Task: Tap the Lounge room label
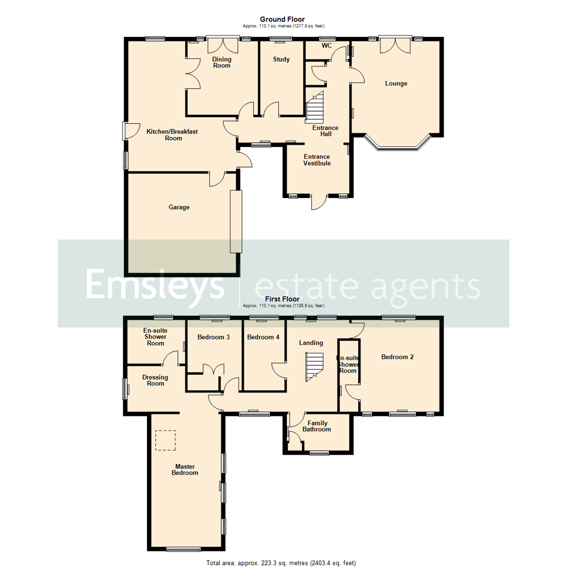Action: (x=396, y=83)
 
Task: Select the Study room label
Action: (x=281, y=59)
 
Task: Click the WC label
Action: (x=327, y=46)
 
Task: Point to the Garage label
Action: (x=179, y=207)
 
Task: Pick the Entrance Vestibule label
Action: (x=317, y=160)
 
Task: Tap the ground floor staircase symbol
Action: (x=316, y=108)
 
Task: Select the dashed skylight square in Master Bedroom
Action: (x=166, y=440)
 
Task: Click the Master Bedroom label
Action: (x=186, y=469)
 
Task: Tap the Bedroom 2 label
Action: (x=397, y=357)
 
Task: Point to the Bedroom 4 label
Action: (x=263, y=337)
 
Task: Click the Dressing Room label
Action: (x=155, y=380)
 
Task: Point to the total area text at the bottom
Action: (x=281, y=563)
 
